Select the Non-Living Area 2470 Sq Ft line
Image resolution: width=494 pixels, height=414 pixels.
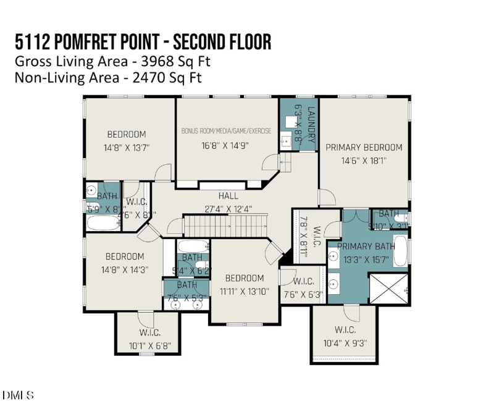click(x=108, y=78)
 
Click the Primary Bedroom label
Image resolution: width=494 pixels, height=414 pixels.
click(x=364, y=147)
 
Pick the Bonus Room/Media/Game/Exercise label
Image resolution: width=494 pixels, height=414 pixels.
click(x=227, y=132)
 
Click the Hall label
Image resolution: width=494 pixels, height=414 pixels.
click(x=228, y=196)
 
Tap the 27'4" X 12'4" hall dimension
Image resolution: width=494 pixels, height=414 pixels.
click(x=228, y=209)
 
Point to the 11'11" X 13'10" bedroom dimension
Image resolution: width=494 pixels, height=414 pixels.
click(x=244, y=291)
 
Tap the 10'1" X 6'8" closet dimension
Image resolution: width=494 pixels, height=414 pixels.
click(x=146, y=345)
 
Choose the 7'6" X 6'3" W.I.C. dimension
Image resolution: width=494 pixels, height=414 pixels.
click(x=303, y=295)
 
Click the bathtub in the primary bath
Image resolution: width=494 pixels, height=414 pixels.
click(x=400, y=251)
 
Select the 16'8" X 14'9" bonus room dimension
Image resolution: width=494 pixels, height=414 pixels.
click(x=227, y=146)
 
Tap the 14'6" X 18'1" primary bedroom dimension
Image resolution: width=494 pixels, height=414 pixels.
click(x=364, y=160)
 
